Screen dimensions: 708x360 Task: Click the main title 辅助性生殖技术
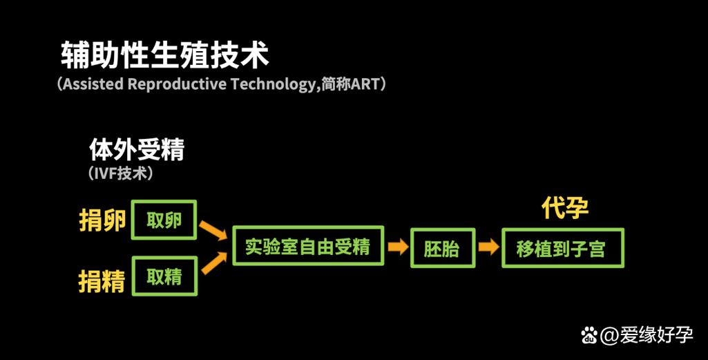[165, 55]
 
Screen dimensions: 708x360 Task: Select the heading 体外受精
[137, 149]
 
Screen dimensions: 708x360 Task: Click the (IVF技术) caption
[121, 173]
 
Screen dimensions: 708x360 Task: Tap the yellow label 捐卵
[102, 220]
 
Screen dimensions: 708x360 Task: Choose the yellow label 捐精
[102, 281]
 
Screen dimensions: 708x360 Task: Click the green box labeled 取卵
[164, 220]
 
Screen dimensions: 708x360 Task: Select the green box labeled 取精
[164, 276]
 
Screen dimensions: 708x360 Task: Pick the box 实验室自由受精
[308, 246]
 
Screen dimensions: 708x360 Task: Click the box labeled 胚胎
[443, 248]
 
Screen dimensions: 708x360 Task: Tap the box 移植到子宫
[563, 248]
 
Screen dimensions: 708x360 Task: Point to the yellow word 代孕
[565, 208]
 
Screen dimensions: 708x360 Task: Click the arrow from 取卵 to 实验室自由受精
[213, 230]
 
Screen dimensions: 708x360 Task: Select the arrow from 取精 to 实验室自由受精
[214, 263]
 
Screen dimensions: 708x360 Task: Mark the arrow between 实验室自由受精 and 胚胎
[398, 247]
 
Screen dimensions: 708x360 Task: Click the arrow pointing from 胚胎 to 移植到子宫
[488, 247]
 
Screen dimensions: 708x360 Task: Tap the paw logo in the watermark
[589, 336]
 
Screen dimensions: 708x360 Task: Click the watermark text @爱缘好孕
[647, 335]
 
